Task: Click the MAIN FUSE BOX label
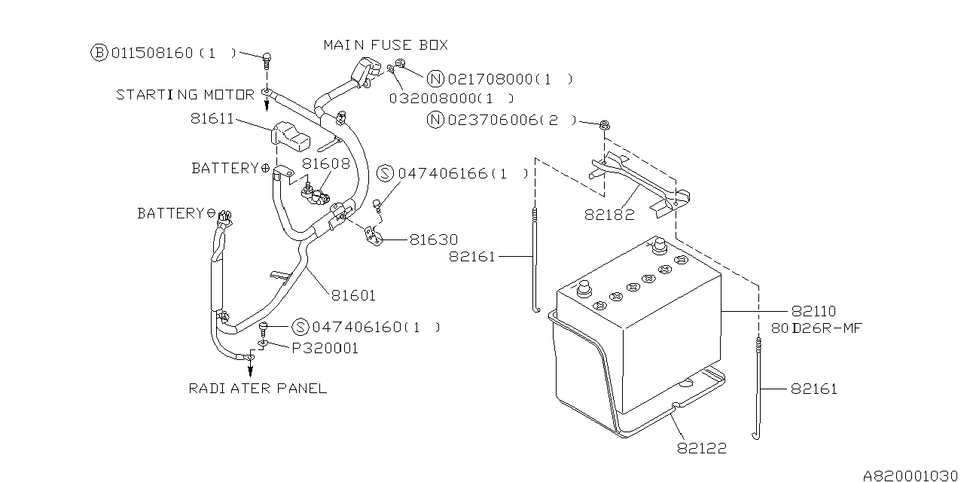[x=386, y=44]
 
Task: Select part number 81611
[x=212, y=118]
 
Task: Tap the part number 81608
[x=326, y=163]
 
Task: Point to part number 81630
[x=434, y=239]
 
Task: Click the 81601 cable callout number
[x=353, y=296]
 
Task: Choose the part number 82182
[x=609, y=215]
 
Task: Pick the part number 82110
[x=813, y=311]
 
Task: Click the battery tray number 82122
[x=702, y=448]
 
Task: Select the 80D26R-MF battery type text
[x=816, y=328]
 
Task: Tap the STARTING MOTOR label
[x=185, y=95]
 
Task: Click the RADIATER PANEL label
[x=258, y=389]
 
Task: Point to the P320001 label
[x=325, y=348]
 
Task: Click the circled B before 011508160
[x=99, y=53]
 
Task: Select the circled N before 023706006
[x=435, y=120]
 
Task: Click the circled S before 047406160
[x=300, y=327]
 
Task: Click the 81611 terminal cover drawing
[x=290, y=136]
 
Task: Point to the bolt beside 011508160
[x=267, y=63]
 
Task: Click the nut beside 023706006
[x=605, y=125]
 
